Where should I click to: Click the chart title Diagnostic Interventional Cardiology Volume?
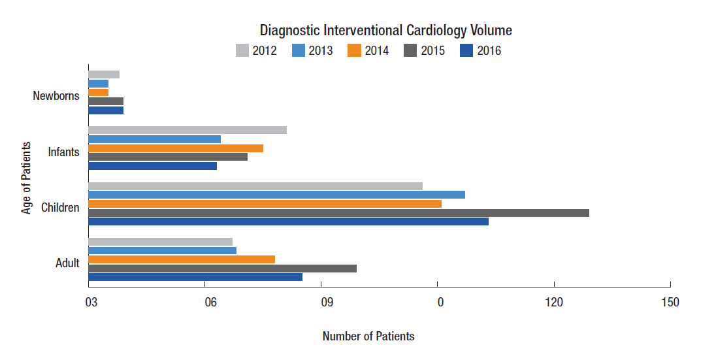385,30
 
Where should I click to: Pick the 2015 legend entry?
425,50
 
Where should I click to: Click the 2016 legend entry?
481,50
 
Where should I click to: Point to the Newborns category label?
56,96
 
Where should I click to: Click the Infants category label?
64,152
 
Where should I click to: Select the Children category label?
60,208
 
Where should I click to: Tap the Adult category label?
67,263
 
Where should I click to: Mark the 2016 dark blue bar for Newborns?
106,110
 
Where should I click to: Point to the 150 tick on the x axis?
670,303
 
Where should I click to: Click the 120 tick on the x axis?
554,303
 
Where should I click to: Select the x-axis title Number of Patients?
368,336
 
